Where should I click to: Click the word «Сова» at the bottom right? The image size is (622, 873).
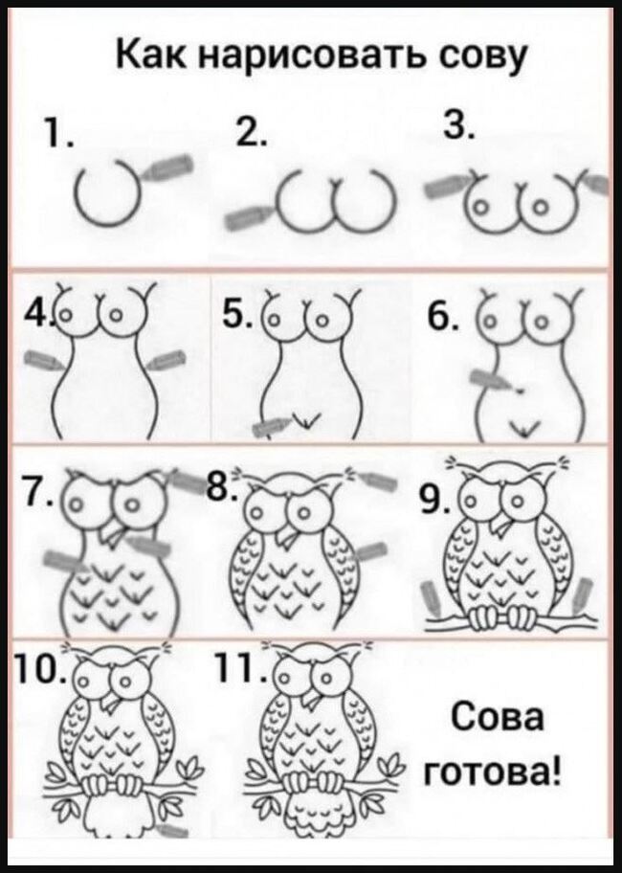coord(497,717)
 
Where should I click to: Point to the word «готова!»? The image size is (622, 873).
coord(493,772)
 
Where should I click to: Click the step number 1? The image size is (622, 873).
coord(56,135)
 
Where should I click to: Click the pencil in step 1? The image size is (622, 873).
coord(166,167)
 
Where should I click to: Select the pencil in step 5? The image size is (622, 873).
coord(271,427)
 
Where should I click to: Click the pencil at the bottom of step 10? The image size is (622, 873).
coord(172,830)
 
